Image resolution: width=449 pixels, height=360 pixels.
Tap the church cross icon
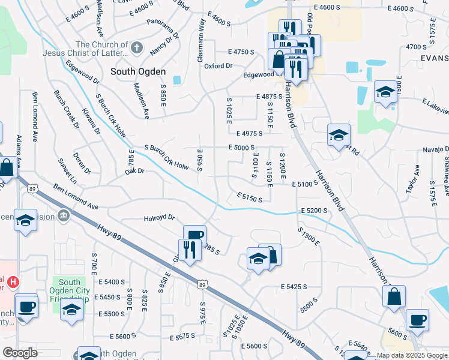(x=136, y=48)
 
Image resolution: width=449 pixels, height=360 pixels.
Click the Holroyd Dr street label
(x=159, y=218)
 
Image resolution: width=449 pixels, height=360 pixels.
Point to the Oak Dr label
(x=135, y=171)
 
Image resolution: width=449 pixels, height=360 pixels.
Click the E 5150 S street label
(x=249, y=197)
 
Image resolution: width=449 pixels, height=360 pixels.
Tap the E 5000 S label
(x=242, y=147)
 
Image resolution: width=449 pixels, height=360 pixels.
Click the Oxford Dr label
(x=218, y=65)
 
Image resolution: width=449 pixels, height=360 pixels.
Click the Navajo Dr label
(x=435, y=148)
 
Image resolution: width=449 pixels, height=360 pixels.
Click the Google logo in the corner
(x=20, y=352)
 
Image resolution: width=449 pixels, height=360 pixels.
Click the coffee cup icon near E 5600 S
(x=417, y=319)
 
